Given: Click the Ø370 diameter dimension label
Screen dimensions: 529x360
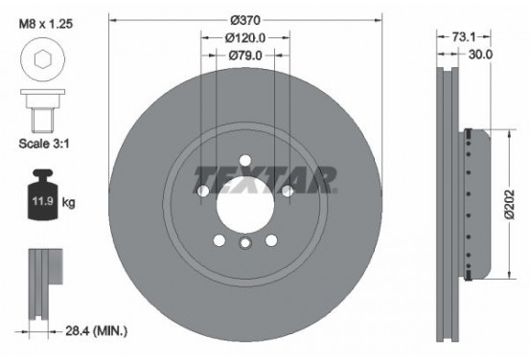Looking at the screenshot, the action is tap(245, 20).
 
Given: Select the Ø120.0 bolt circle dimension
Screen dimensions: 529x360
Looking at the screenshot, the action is tap(245, 38).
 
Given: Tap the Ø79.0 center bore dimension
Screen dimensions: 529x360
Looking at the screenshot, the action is tap(245, 56).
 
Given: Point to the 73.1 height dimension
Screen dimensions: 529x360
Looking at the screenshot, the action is tap(464, 37).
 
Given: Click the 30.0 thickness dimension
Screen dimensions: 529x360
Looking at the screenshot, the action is tap(480, 55).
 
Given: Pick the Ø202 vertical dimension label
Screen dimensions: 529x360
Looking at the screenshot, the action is tap(510, 205).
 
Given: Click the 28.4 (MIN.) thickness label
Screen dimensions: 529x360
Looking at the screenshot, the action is tap(96, 331).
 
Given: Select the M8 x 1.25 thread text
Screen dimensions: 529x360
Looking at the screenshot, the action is tap(46, 24).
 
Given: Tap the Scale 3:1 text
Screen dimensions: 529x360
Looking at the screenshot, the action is tap(44, 144).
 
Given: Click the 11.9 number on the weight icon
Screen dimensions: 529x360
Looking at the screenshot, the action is tap(43, 201).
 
